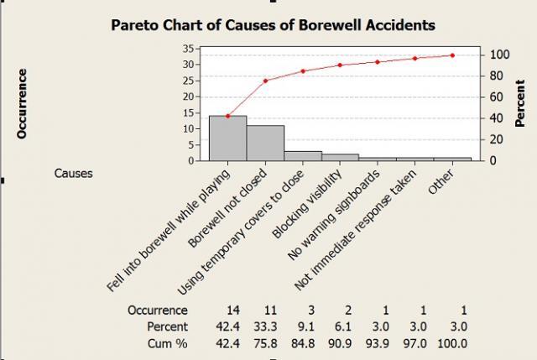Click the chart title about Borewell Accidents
(x=273, y=25)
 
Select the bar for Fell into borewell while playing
(x=227, y=138)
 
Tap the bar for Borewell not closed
(x=265, y=143)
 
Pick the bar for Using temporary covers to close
(x=303, y=156)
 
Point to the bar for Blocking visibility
(x=340, y=157)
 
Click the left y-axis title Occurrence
(x=23, y=103)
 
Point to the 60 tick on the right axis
(x=495, y=97)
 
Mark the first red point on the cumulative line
(x=227, y=116)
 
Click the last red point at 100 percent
(x=452, y=55)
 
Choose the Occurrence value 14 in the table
(x=227, y=310)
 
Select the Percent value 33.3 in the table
(x=265, y=326)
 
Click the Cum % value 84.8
(x=303, y=343)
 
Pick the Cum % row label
(x=167, y=343)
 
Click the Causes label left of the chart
(x=73, y=174)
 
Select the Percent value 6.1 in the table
(x=341, y=326)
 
